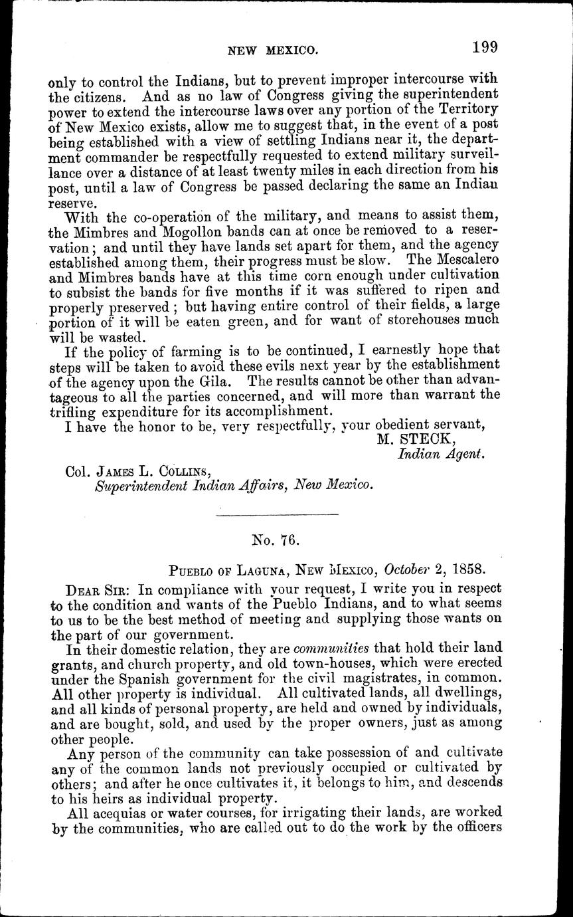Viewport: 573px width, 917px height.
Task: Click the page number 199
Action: (485, 47)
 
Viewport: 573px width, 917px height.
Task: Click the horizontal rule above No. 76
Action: (278, 514)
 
